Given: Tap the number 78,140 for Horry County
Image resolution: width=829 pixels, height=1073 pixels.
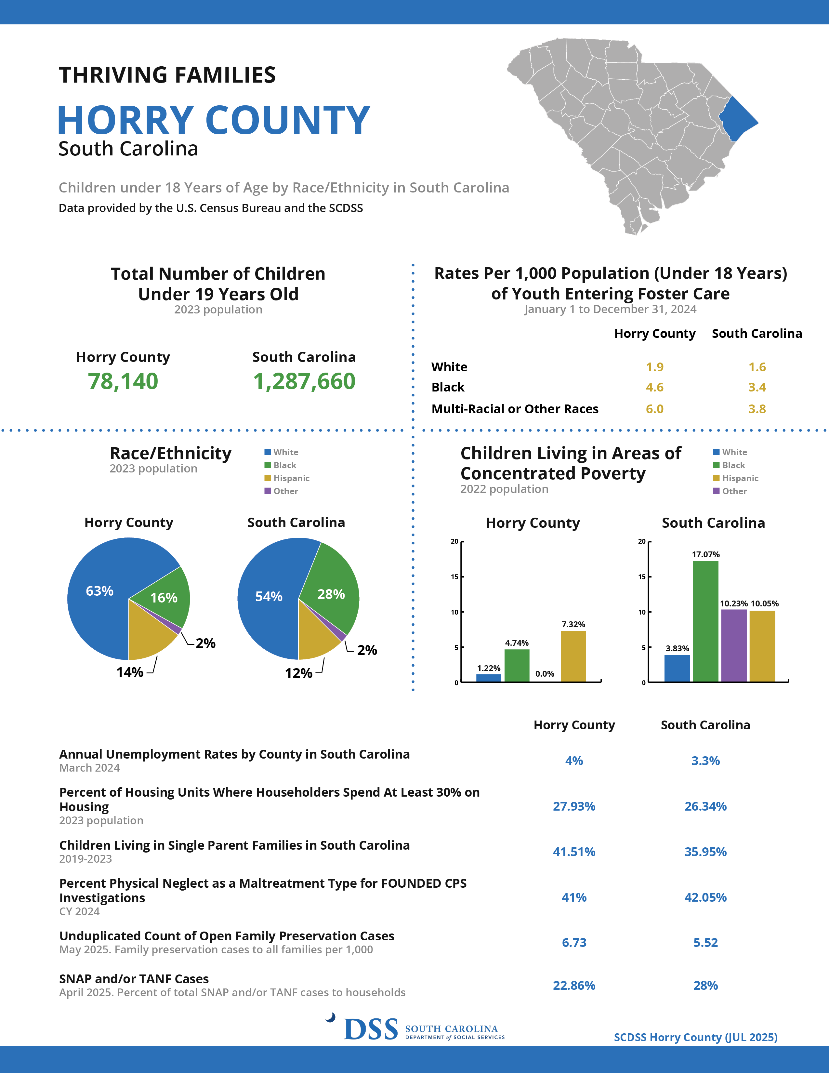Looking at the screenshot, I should (123, 381).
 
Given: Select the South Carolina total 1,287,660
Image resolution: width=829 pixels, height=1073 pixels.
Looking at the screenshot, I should (304, 381).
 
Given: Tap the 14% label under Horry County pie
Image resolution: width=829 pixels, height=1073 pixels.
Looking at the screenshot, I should (130, 672).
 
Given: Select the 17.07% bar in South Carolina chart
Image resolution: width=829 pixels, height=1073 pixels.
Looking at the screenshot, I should (705, 621).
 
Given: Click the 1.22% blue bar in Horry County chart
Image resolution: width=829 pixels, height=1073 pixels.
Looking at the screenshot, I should (489, 678).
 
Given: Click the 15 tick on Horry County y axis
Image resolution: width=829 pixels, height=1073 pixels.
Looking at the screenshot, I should (455, 577).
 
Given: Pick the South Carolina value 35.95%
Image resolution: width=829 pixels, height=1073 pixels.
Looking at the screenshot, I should (705, 852).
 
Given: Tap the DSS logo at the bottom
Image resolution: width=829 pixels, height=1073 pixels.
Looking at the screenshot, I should (371, 1029).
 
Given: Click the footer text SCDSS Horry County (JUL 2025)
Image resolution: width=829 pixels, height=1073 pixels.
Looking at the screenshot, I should (695, 1037).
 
